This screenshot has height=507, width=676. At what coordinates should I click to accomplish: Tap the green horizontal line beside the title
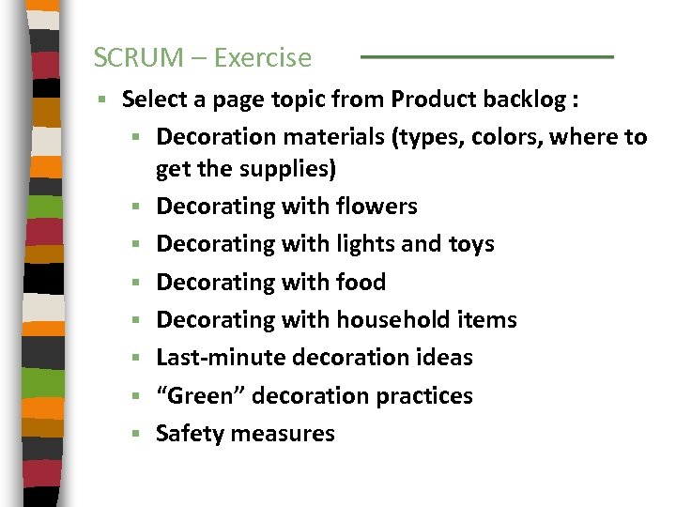click(x=486, y=57)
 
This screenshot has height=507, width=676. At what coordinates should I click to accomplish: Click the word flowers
click(x=374, y=206)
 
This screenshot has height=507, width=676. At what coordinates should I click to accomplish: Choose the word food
click(x=360, y=282)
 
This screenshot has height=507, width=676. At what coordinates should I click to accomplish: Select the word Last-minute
click(x=221, y=358)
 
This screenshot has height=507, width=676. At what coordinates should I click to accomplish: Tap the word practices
click(x=424, y=396)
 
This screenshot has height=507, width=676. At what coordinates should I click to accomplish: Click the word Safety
click(x=190, y=434)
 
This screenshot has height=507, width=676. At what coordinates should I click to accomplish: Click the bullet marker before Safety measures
click(x=136, y=435)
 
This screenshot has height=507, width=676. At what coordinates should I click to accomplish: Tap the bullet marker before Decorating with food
click(x=136, y=283)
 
